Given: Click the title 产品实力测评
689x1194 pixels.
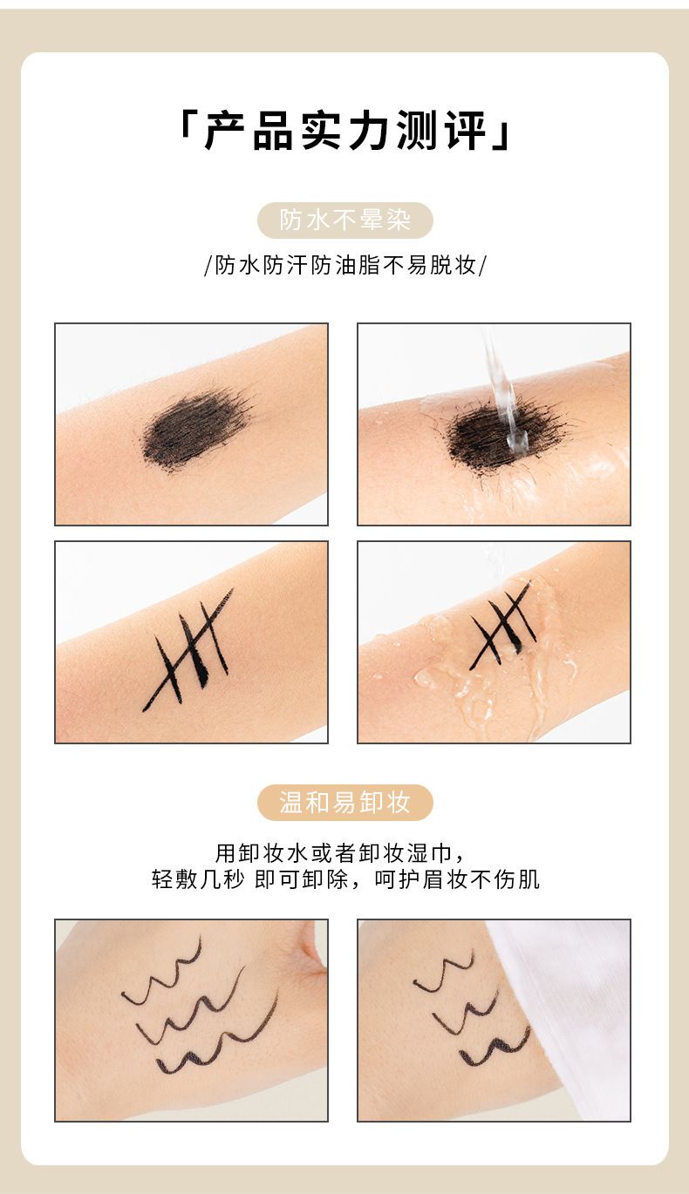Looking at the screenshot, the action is [344, 130].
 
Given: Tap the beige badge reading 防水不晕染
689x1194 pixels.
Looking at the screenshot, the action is [345, 220].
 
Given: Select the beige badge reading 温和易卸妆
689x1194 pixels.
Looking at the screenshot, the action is [345, 802].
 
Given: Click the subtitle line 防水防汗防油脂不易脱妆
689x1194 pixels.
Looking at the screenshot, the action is [345, 265].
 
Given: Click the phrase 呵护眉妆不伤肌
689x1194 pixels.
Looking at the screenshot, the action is [457, 879].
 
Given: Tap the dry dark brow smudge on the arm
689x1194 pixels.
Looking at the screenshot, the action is [195, 428].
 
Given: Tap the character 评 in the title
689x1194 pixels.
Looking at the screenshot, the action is [466, 131].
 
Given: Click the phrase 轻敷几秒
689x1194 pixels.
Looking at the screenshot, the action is [198, 879].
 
